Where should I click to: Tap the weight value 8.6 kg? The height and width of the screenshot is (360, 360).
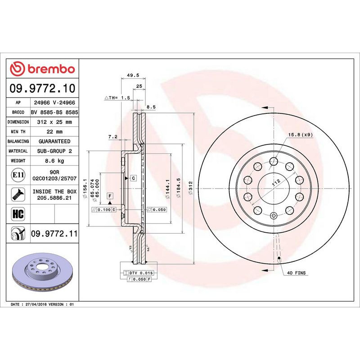tap(54, 161)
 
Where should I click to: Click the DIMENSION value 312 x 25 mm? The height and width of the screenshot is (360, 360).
tap(54, 122)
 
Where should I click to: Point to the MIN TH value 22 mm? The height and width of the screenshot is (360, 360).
tap(54, 131)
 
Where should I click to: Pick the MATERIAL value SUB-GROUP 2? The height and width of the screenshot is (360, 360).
tap(54, 151)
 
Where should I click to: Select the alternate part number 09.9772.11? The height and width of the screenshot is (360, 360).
tap(54, 234)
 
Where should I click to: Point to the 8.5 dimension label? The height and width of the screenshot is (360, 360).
tap(151, 107)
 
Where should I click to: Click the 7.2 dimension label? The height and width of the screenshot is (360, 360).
tap(113, 136)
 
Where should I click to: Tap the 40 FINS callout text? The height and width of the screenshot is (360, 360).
tap(296, 273)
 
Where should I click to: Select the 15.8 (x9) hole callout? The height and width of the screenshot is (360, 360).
tap(301, 135)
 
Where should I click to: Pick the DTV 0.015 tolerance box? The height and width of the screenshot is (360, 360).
tap(142, 273)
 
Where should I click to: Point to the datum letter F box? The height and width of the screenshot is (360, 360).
tap(109, 196)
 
